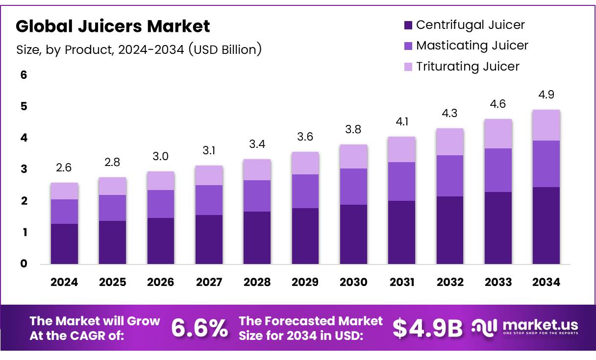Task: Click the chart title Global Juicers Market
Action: click(113, 26)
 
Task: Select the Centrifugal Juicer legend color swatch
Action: click(408, 25)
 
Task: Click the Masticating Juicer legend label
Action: click(472, 46)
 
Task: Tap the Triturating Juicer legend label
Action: click(468, 66)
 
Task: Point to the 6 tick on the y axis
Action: click(24, 75)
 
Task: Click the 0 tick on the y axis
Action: click(24, 264)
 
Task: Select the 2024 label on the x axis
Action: click(64, 282)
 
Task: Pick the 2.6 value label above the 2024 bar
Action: click(64, 168)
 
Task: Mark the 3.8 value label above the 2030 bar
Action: click(353, 129)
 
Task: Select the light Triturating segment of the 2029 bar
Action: click(305, 163)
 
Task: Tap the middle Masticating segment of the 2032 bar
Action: click(450, 175)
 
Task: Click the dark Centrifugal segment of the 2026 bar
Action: click(161, 241)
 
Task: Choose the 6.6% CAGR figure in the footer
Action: click(199, 329)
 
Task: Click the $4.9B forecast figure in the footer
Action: click(427, 329)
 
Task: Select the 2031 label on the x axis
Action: click(402, 282)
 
